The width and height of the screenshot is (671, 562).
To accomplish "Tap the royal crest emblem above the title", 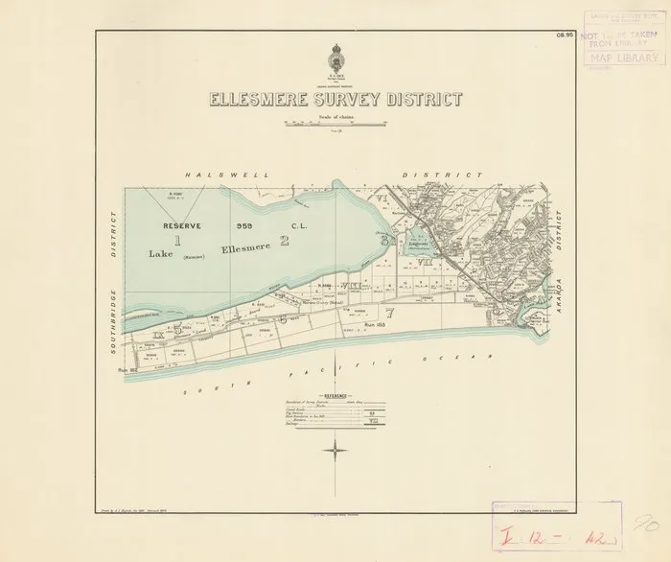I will coord(336,57).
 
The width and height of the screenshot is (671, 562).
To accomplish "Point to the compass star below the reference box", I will coord(336,448).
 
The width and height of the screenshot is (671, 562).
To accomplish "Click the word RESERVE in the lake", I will coord(179,225).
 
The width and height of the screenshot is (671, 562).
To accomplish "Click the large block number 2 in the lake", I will coord(285,240).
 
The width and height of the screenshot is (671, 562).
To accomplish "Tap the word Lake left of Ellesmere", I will coord(162,254).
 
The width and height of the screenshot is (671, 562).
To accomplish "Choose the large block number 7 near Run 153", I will coord(389,313).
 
